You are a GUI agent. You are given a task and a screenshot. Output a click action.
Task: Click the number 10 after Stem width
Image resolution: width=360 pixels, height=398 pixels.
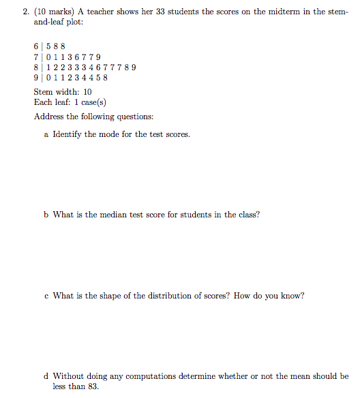click(x=87, y=91)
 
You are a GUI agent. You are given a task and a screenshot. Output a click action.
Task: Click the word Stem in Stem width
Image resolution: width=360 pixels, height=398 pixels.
click(x=44, y=91)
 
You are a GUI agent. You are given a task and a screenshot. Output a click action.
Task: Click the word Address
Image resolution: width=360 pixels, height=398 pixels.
click(x=50, y=116)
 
